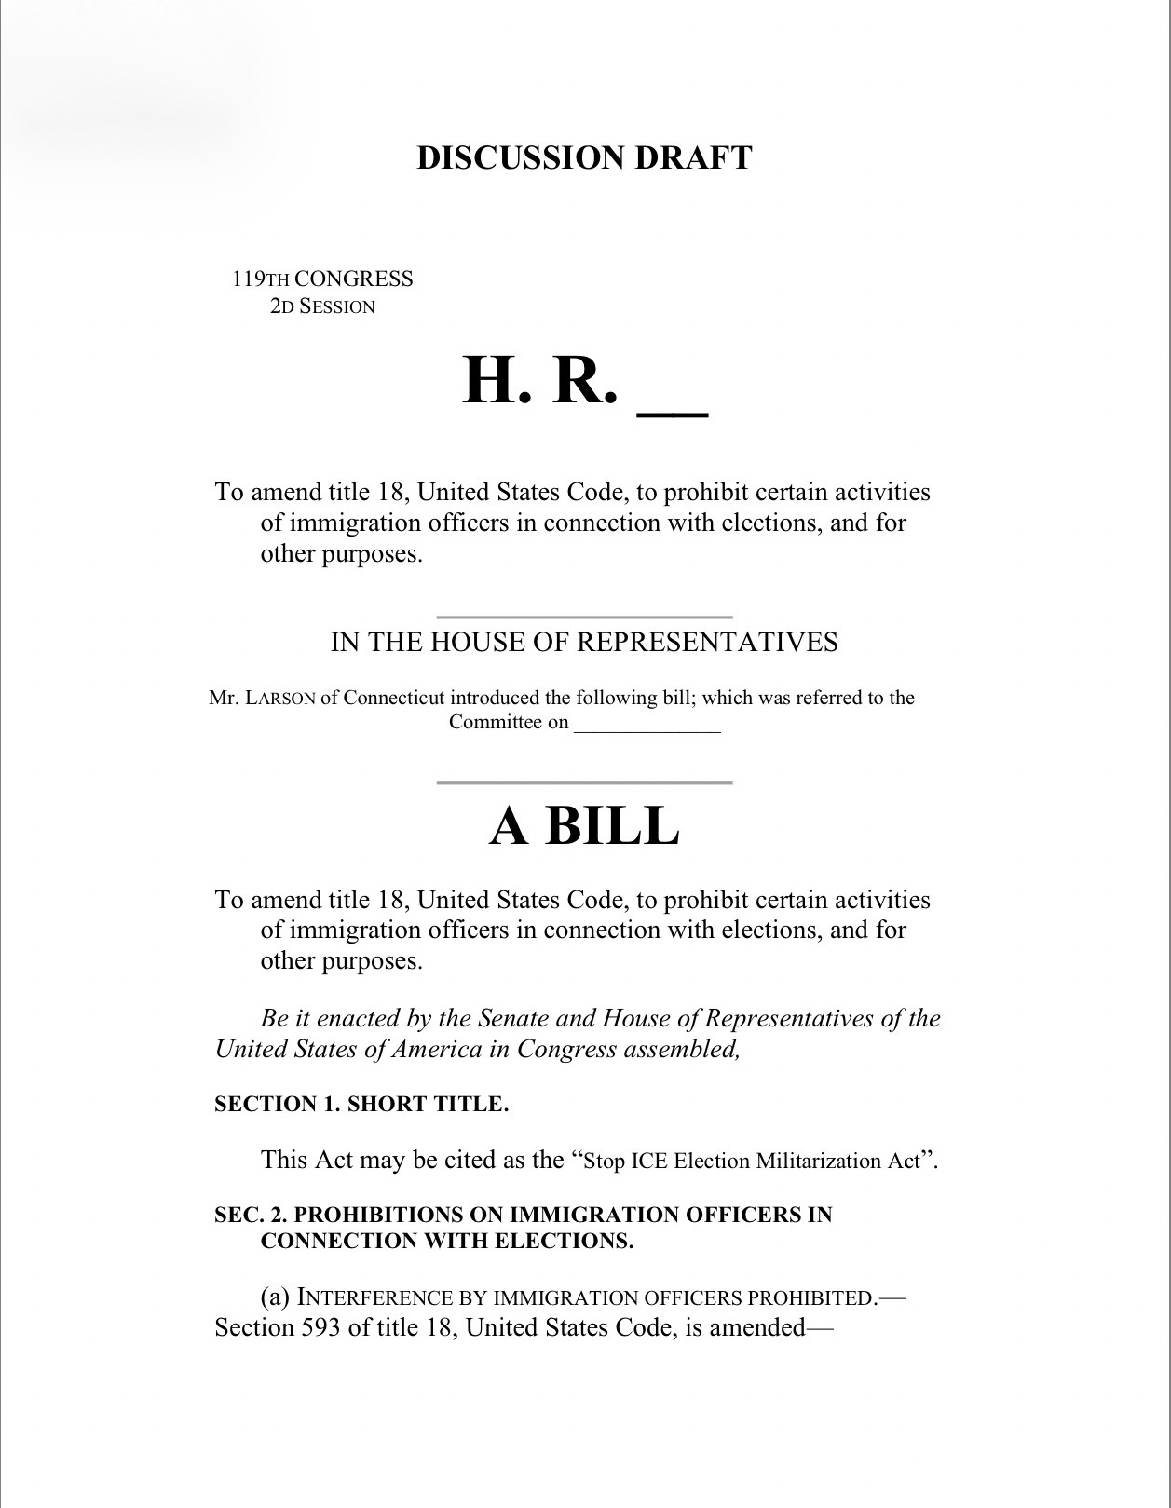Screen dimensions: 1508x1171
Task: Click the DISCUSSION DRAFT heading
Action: [x=584, y=157]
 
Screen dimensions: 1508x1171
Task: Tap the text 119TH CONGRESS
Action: [x=322, y=279]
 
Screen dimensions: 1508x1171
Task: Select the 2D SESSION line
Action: [x=322, y=306]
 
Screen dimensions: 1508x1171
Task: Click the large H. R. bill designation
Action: [x=539, y=381]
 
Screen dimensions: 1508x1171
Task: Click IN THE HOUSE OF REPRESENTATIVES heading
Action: [x=584, y=642]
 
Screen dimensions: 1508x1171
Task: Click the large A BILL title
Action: [x=584, y=824]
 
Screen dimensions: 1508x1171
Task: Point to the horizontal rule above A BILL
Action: [x=584, y=783]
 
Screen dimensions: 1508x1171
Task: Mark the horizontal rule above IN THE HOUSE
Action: [x=584, y=617]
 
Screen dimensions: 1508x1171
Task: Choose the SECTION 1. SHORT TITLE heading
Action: [x=361, y=1104]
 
